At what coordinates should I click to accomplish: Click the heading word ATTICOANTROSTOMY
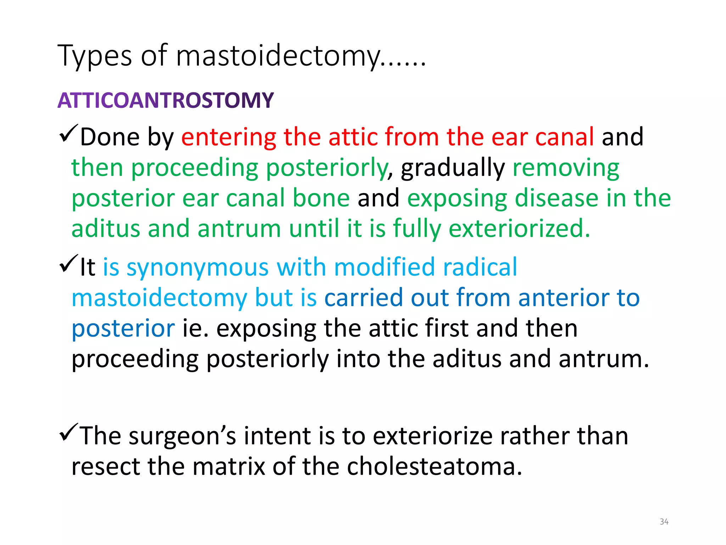click(166, 100)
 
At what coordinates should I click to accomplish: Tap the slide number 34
click(664, 522)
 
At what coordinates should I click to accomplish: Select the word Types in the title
click(95, 56)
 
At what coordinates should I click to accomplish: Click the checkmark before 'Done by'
click(69, 134)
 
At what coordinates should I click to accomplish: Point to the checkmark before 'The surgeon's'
click(69, 433)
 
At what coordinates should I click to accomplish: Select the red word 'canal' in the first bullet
click(564, 137)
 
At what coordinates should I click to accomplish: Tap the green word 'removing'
click(566, 168)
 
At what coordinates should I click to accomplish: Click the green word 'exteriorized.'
click(519, 229)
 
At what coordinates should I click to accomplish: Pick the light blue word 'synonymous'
click(197, 268)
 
